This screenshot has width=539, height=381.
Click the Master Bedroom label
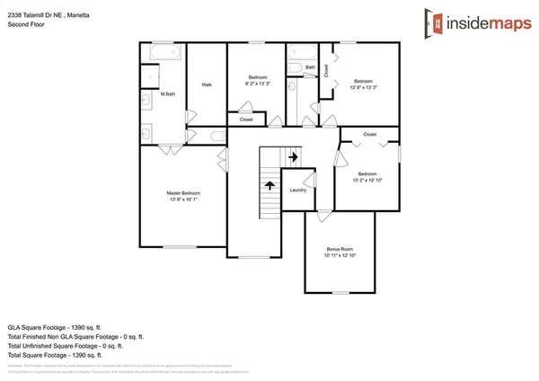click(182, 193)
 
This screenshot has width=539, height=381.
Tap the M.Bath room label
click(167, 94)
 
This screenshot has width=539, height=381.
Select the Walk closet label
click(207, 85)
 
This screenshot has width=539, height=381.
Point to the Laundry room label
click(298, 190)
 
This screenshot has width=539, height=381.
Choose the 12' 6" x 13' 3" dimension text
click(364, 88)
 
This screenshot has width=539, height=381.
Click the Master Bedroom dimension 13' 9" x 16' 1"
click(182, 200)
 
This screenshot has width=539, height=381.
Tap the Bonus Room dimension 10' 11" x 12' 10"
click(339, 255)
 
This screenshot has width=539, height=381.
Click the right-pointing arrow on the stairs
click(293, 156)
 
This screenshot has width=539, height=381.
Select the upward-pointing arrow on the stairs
click(268, 185)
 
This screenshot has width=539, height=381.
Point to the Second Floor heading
click(26, 25)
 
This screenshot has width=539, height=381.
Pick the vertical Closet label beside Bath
click(326, 69)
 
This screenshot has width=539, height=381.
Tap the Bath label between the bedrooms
click(310, 67)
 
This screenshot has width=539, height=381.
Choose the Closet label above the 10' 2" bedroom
click(369, 134)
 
